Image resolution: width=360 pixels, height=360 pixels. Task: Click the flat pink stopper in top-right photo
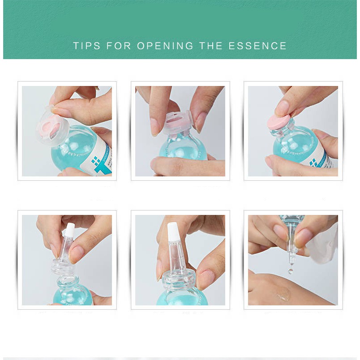tap(279, 122)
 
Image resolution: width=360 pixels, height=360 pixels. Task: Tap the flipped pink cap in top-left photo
tap(50, 127)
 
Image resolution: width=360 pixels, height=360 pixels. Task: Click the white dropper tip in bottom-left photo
tap(70, 229)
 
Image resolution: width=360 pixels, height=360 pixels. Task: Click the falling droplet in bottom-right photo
tap(291, 270)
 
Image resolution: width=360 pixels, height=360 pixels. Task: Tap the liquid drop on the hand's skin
tap(283, 296)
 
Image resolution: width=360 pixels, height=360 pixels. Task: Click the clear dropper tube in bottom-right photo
tap(290, 242)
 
